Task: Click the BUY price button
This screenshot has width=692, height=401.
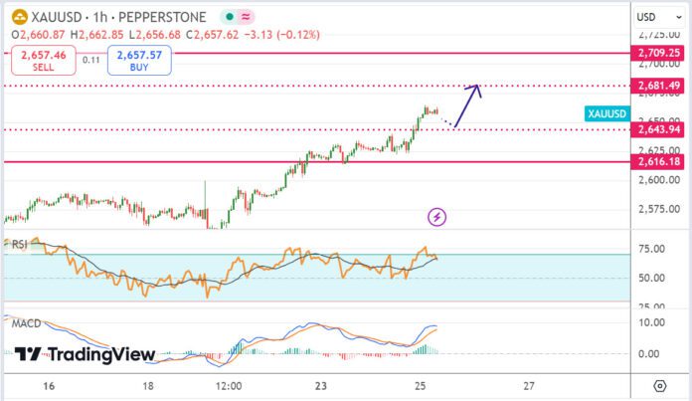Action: pos(142,61)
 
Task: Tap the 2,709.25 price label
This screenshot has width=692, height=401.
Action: pos(660,53)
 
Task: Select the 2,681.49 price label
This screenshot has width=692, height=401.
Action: pos(660,86)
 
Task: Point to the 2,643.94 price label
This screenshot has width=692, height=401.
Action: pos(660,129)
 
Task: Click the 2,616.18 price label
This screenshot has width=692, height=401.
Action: pos(660,161)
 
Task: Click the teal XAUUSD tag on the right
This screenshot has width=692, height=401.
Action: pos(606,114)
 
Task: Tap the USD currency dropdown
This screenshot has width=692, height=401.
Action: pos(652,17)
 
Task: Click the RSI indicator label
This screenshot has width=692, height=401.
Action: pos(19,244)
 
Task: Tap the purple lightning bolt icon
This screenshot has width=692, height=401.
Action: pos(435,216)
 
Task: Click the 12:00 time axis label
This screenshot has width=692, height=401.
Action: pos(230,385)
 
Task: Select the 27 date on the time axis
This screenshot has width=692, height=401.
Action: pos(528,385)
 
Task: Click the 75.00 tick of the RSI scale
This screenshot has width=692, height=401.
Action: pos(652,249)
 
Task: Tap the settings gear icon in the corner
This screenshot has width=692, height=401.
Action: pos(659,385)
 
